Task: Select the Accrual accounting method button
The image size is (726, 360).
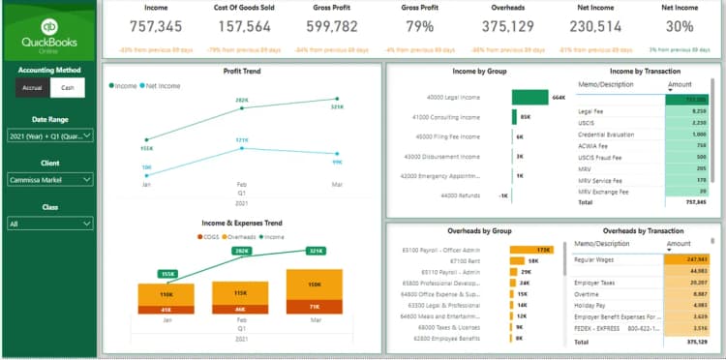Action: point(32,87)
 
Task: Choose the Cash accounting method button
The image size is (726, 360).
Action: point(67,87)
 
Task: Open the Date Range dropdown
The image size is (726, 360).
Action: point(49,136)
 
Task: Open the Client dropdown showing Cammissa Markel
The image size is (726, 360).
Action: point(49,180)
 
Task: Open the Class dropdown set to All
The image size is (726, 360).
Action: point(49,224)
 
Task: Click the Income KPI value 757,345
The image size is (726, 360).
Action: point(156,25)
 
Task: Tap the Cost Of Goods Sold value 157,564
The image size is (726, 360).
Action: point(244,25)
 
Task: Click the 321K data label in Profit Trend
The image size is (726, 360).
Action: point(337,106)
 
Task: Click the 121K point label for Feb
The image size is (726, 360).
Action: point(242,141)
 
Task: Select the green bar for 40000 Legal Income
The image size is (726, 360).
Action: point(529,97)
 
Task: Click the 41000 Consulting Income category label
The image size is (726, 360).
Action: point(446,117)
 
